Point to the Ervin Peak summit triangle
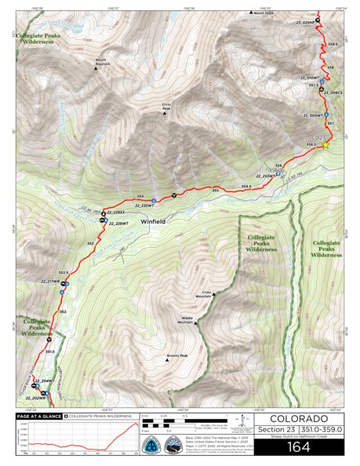pyautogui.click(x=165, y=114)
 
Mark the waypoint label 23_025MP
pyautogui.click(x=305, y=23)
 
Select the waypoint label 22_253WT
pyautogui.click(x=267, y=176)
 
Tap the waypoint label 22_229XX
pyautogui.click(x=117, y=213)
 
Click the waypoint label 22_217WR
pyautogui.click(x=49, y=281)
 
